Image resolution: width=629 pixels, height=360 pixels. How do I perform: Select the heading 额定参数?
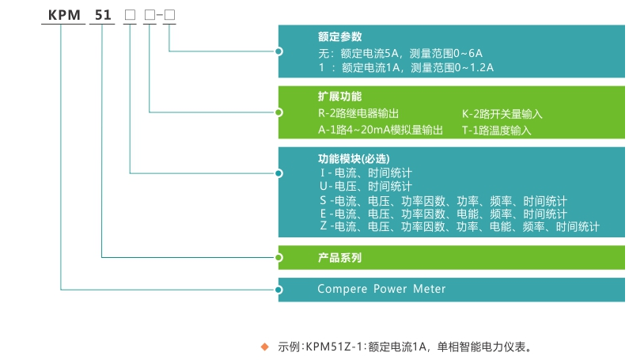(339, 36)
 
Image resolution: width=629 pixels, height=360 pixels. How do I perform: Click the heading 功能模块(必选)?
(354, 157)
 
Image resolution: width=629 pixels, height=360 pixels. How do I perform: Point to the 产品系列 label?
(339, 258)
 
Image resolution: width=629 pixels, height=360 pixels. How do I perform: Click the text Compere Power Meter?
(381, 289)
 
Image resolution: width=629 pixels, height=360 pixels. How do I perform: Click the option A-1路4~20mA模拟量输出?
(381, 130)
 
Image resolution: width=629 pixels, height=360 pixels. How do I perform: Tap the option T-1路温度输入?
(496, 130)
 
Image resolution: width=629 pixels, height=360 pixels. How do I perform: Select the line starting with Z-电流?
(460, 227)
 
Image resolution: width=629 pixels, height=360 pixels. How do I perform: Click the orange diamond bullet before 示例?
(265, 346)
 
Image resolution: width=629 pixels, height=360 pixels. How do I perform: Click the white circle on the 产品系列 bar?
(279, 258)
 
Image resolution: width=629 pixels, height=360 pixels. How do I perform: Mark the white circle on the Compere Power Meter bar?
(279, 289)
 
